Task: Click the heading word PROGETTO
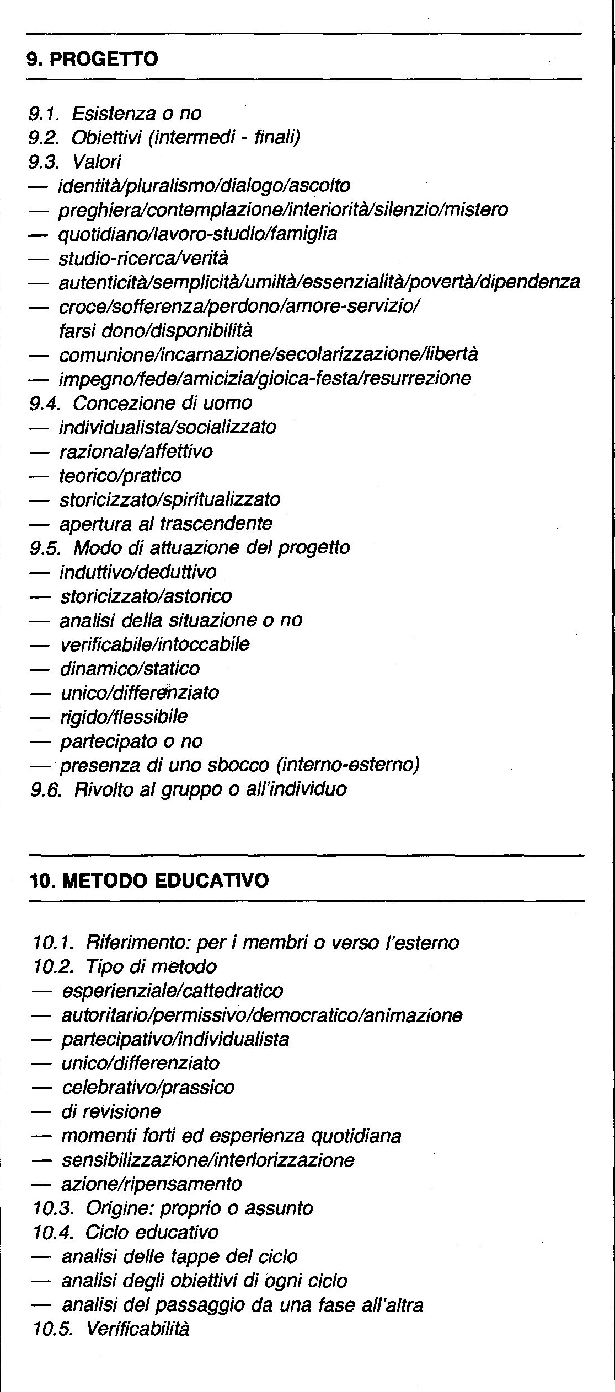click(104, 59)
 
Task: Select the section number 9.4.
click(46, 403)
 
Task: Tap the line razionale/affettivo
click(136, 452)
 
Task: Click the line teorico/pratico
click(120, 476)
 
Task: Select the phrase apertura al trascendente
click(165, 524)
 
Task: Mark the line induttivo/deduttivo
click(138, 572)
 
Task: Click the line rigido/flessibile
click(124, 717)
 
